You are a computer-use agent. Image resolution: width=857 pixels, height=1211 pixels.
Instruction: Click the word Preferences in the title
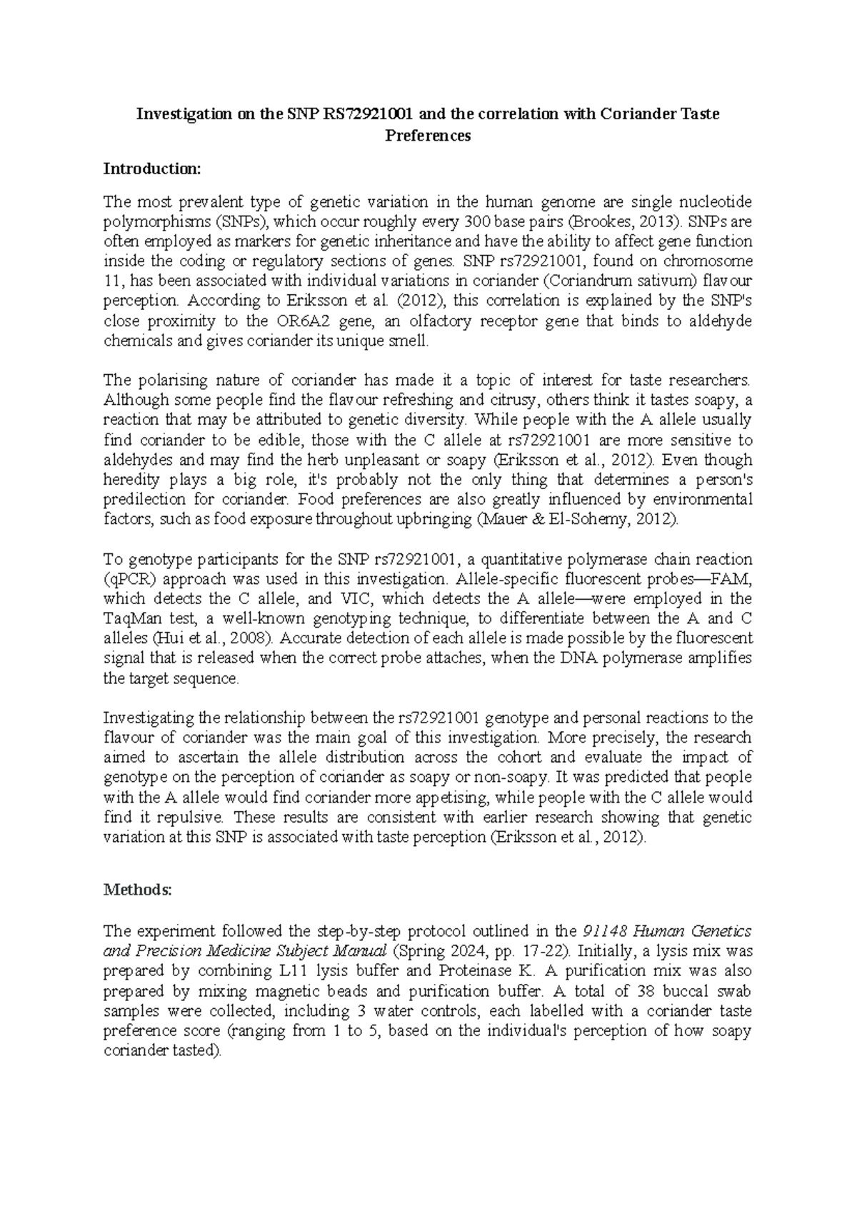[428, 136]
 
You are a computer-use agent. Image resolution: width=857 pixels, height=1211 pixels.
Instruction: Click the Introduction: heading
[153, 169]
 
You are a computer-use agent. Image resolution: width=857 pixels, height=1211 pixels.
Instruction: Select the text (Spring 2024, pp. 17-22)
[481, 951]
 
